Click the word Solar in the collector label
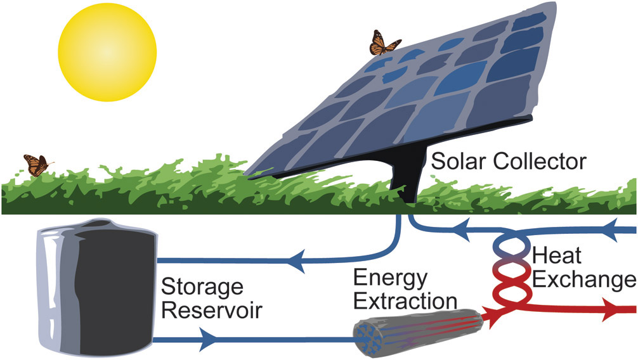(x=455, y=162)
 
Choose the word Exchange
(x=582, y=279)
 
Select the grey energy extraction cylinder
(x=421, y=331)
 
